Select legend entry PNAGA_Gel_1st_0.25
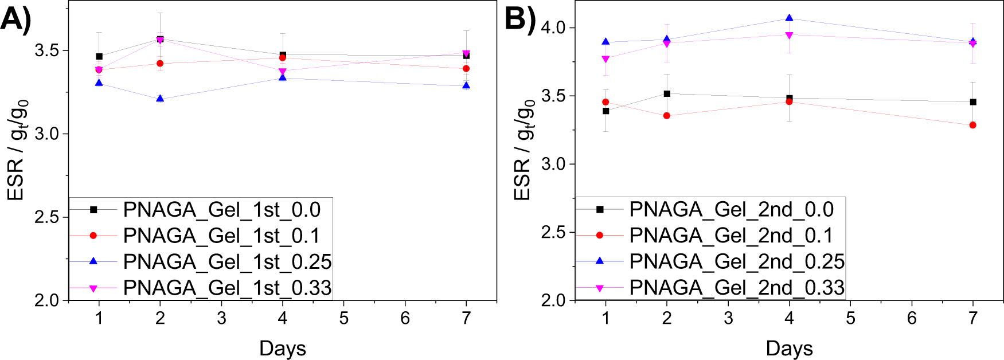pyautogui.click(x=227, y=262)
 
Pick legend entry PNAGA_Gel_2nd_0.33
pyautogui.click(x=736, y=288)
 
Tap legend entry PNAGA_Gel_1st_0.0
pyautogui.click(x=221, y=210)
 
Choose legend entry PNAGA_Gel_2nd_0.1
pyautogui.click(x=730, y=236)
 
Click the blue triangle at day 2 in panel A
pyautogui.click(x=160, y=99)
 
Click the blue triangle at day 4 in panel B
pyautogui.click(x=790, y=18)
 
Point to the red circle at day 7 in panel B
pyautogui.click(x=973, y=125)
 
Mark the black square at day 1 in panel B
pyautogui.click(x=606, y=111)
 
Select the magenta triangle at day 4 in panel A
pyautogui.click(x=283, y=72)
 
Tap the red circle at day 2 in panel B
pyautogui.click(x=667, y=116)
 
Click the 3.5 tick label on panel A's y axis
pyautogui.click(x=47, y=50)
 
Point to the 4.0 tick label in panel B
pyautogui.click(x=553, y=28)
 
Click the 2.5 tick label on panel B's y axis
pyautogui.click(x=553, y=233)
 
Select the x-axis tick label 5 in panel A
pyautogui.click(x=344, y=318)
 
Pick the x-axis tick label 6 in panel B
pyautogui.click(x=912, y=318)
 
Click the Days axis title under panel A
pyautogui.click(x=283, y=348)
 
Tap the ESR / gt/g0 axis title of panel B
pyautogui.click(x=524, y=150)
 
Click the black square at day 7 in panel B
pyautogui.click(x=973, y=102)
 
